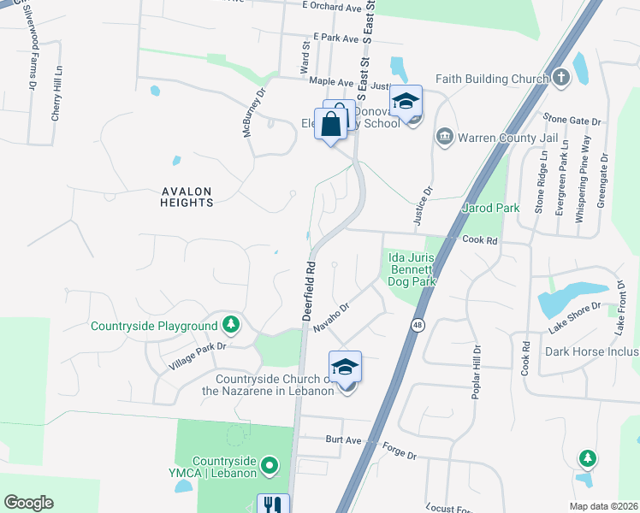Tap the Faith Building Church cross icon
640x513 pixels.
click(x=560, y=79)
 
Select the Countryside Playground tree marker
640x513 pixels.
click(x=230, y=325)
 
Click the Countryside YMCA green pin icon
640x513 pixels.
click(x=270, y=466)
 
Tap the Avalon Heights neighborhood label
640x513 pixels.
click(x=186, y=197)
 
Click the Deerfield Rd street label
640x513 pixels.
click(x=310, y=291)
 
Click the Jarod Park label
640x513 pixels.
click(x=490, y=208)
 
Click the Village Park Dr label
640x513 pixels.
click(x=197, y=356)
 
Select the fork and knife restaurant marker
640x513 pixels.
click(x=273, y=505)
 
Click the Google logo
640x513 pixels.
click(x=28, y=503)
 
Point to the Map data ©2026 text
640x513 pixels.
click(x=602, y=505)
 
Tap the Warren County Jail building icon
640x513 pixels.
click(x=444, y=137)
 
